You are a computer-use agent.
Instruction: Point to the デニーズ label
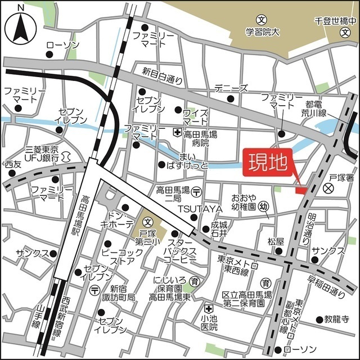(231, 89)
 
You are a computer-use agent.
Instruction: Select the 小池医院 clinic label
(209, 322)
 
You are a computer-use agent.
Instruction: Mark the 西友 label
(12, 164)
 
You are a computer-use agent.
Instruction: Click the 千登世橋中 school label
(336, 20)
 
